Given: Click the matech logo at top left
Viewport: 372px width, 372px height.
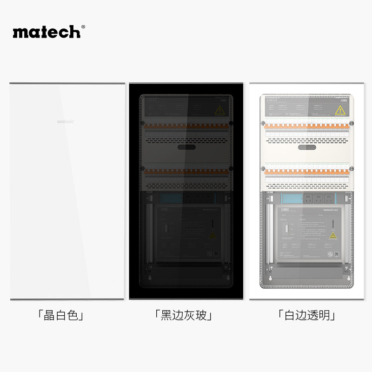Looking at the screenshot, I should coord(46,32).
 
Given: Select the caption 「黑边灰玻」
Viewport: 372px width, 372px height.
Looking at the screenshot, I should coord(185,316).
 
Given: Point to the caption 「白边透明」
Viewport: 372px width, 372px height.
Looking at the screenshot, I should coord(307,316).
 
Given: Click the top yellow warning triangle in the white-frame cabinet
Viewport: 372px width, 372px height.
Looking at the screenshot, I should coord(340,110).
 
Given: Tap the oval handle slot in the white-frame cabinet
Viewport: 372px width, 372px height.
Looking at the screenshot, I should coord(307,147).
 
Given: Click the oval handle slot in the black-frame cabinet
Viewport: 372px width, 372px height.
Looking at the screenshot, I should coord(186,147).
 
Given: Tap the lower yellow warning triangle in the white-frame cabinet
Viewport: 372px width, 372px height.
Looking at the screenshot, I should coord(333,235).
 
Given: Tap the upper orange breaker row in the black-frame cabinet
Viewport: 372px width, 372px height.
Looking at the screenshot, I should coord(186,126).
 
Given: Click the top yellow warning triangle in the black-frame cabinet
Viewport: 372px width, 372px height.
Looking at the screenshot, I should coord(219,110).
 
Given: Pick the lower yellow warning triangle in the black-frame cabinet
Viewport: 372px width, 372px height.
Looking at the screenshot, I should coord(213,235).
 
